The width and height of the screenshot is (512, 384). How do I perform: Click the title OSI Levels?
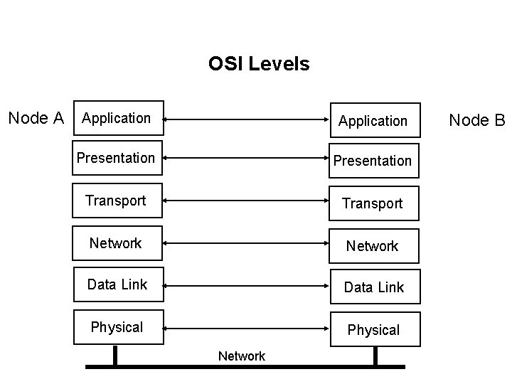[259, 64]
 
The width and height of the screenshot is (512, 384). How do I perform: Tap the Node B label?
[476, 120]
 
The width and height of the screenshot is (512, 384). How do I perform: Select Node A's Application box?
[119, 118]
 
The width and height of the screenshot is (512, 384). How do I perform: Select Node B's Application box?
[373, 121]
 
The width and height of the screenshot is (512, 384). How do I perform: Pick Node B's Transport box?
[373, 203]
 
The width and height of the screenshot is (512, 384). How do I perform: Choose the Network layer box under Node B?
[373, 246]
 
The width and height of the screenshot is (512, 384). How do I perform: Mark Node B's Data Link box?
[373, 287]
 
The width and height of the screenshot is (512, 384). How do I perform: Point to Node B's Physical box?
[373, 330]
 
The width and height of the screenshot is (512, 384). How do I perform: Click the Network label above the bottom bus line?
[242, 356]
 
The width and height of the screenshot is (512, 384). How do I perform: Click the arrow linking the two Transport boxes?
[245, 203]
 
